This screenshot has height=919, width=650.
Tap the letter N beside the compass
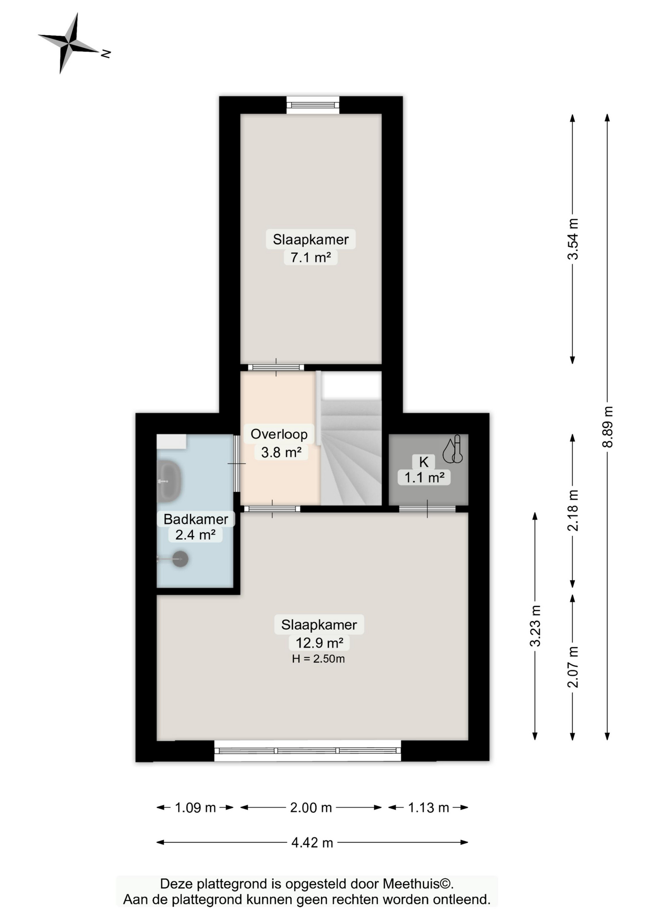[x=106, y=54]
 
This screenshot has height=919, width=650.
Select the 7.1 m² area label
[x=311, y=258]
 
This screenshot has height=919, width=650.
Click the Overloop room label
[x=279, y=434]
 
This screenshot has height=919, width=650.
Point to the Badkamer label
[x=196, y=519]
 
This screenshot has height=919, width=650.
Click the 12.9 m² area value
[x=319, y=643]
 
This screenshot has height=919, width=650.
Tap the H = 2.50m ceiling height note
[x=318, y=659]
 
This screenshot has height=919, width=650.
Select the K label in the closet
[x=424, y=462]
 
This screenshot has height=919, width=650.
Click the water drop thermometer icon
[x=452, y=449]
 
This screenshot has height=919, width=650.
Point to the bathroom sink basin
[x=168, y=481]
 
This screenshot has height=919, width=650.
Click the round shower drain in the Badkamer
[x=180, y=559]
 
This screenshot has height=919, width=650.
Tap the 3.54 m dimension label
[x=573, y=239]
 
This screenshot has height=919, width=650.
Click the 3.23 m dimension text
[x=535, y=626]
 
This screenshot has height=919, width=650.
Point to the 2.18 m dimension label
[x=573, y=511]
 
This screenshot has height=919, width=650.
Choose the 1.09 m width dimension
[x=195, y=808]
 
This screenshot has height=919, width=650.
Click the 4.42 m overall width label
[x=312, y=842]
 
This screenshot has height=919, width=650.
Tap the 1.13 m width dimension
[x=428, y=808]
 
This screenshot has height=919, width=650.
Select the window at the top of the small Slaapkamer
[x=313, y=105]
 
